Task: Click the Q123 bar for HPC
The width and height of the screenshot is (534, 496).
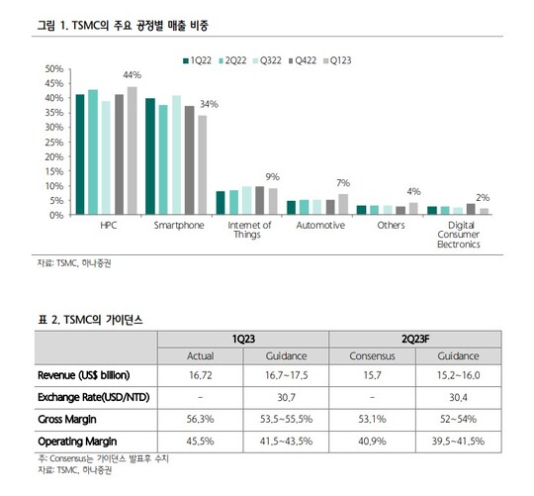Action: point(133,150)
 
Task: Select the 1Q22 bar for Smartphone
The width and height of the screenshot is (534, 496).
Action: point(150,156)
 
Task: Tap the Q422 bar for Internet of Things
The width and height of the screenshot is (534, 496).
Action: point(260,200)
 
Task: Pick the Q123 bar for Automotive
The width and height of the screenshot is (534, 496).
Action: point(343,204)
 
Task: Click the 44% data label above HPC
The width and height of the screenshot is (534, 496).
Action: point(133,75)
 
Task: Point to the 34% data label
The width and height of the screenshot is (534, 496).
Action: point(209,104)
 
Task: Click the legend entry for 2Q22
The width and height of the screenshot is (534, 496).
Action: point(232,60)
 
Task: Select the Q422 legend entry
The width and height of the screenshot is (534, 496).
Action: point(303,60)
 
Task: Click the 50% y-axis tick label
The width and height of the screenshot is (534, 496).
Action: point(54,69)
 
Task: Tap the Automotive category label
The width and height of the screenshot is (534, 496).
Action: point(320,226)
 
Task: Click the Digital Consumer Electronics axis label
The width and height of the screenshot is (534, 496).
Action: point(459,235)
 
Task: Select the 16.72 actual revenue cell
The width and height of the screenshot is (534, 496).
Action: point(200,375)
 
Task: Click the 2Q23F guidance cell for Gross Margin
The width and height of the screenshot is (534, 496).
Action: point(458,419)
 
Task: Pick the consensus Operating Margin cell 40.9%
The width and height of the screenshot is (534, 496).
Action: point(372,442)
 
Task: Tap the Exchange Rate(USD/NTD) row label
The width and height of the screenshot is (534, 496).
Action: point(94,397)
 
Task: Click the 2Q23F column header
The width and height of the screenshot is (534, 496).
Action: point(415,340)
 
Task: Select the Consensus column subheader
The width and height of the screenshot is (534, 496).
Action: point(372,356)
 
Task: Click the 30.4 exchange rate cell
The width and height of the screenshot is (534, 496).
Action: point(458,397)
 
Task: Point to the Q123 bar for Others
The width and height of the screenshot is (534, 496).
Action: point(413,209)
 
